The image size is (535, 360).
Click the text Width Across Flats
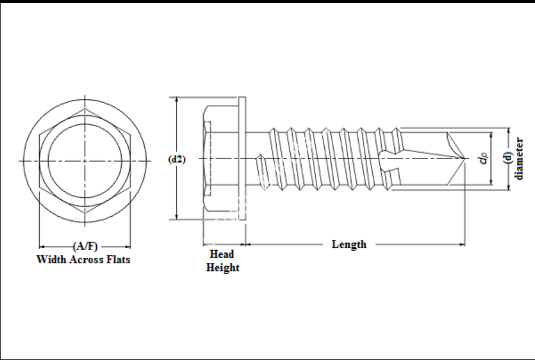coord(84,260)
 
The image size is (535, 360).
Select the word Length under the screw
coord(349,244)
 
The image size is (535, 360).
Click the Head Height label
coord(223,261)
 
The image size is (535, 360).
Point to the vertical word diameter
coord(520,159)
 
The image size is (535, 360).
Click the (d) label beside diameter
coord(508,159)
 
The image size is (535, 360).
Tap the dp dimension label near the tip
coord(484,159)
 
